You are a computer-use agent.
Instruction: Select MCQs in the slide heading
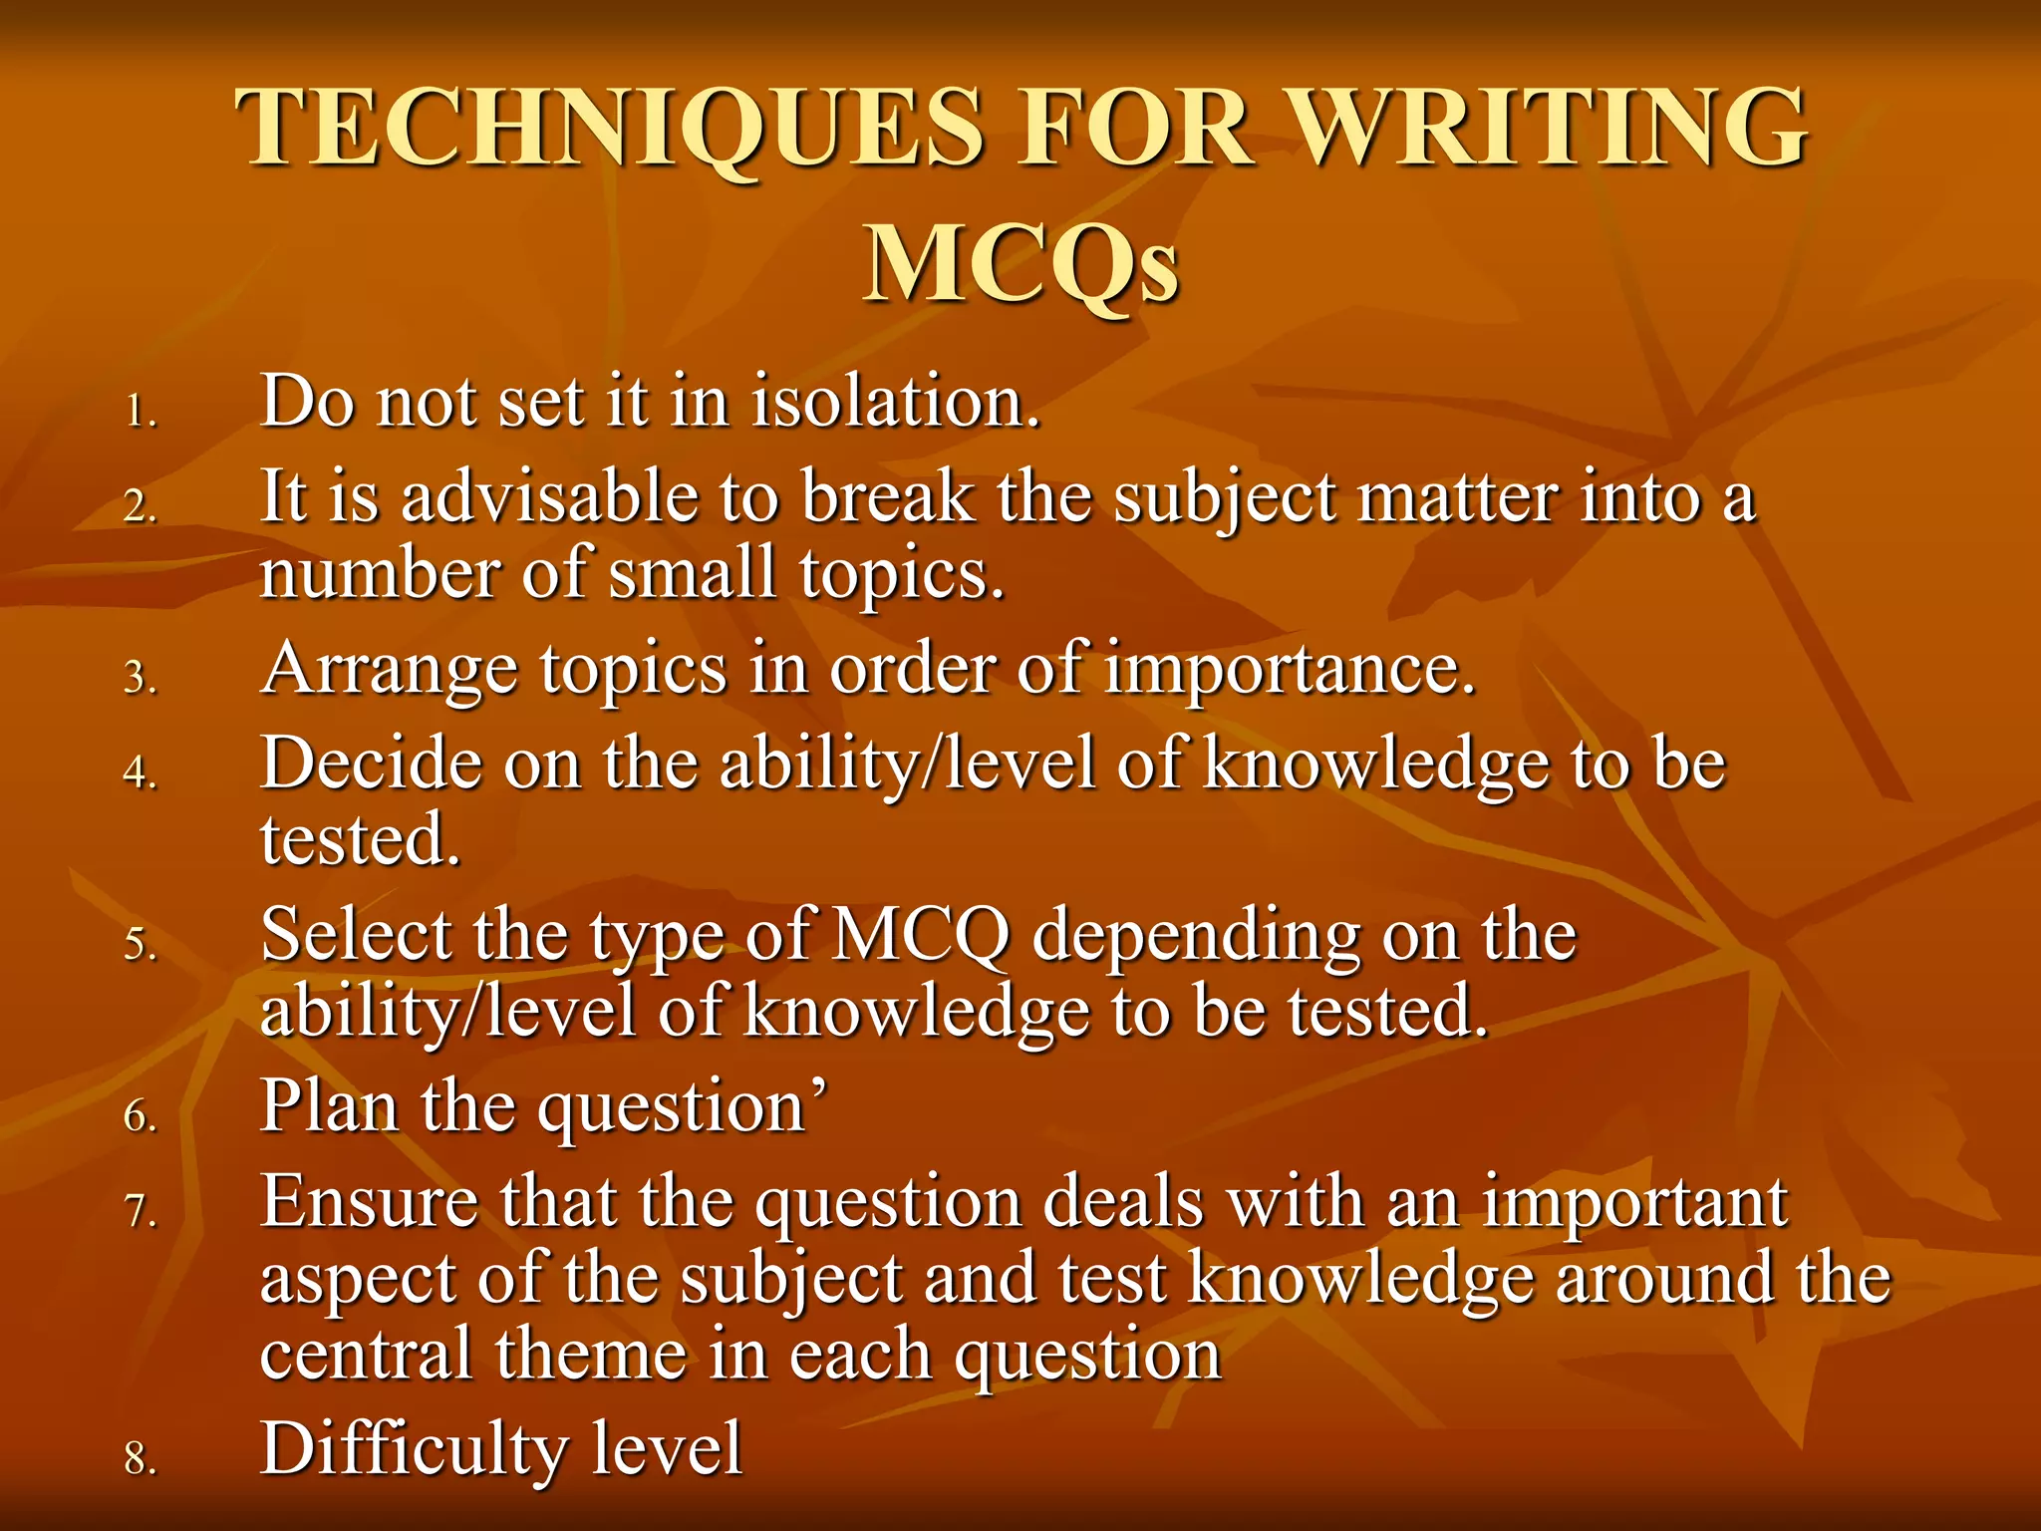pyautogui.click(x=1020, y=265)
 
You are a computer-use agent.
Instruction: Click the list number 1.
pyautogui.click(x=141, y=412)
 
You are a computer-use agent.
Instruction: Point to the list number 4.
pyautogui.click(x=141, y=772)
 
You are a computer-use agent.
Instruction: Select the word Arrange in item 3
pyautogui.click(x=389, y=670)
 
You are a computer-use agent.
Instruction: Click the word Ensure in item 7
pyautogui.click(x=369, y=1201)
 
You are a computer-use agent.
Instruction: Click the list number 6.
pyautogui.click(x=141, y=1115)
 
